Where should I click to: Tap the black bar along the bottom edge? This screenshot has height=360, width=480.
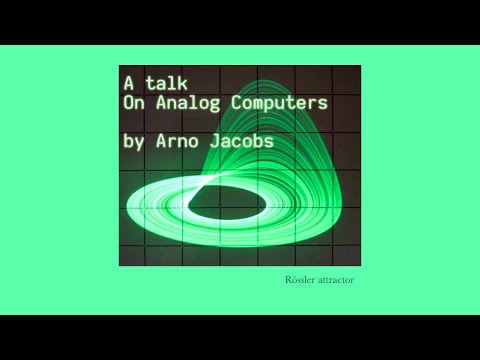click(240, 337)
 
